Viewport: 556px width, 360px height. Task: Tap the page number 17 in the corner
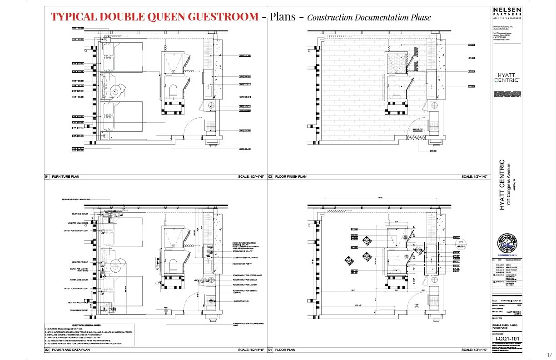[x=549, y=355]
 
